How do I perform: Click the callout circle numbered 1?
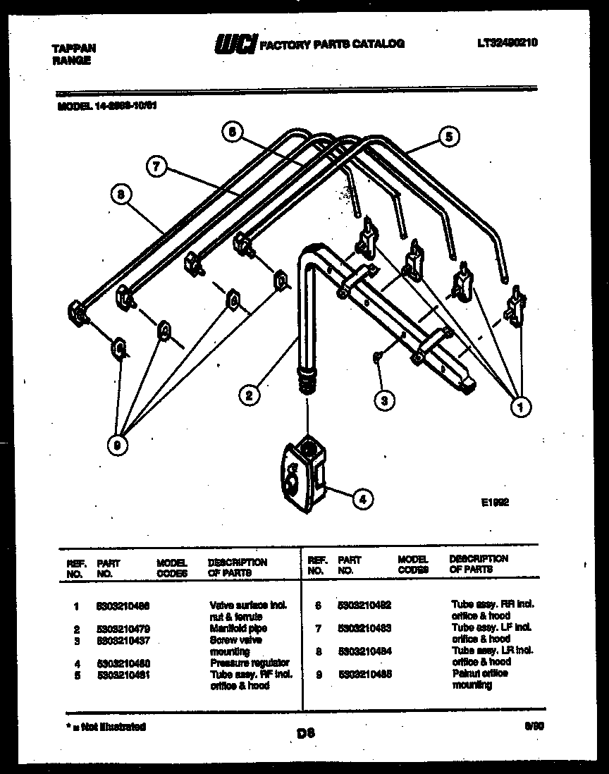(x=521, y=406)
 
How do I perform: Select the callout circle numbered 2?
(x=247, y=395)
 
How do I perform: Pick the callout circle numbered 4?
(x=362, y=500)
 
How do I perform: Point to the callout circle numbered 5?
(x=446, y=137)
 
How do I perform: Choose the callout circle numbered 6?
(x=233, y=131)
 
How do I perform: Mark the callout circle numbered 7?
(x=157, y=167)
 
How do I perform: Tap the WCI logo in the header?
(x=235, y=44)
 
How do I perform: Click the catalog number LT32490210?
(x=507, y=43)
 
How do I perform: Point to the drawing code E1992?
(x=495, y=503)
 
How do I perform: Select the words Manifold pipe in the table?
(x=238, y=628)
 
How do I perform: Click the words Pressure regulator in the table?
(x=250, y=663)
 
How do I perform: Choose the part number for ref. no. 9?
(x=364, y=674)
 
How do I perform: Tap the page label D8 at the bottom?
(x=305, y=733)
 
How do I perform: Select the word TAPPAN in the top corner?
(x=74, y=49)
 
